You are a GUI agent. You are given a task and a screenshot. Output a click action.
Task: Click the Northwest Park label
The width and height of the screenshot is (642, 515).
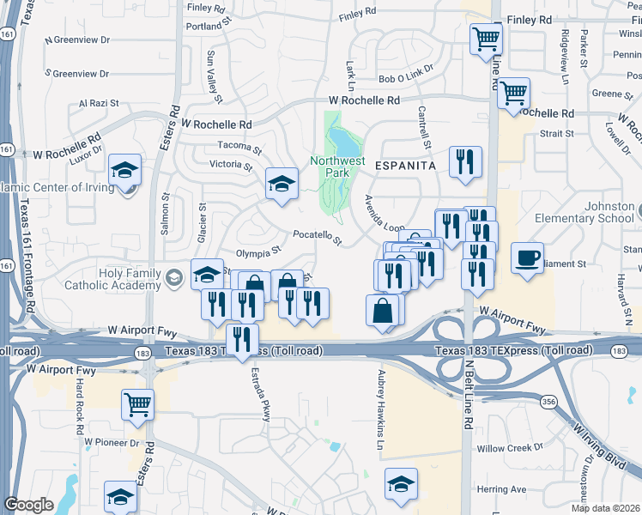[337, 166]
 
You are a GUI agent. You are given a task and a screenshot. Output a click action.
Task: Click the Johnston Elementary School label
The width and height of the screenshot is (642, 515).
[610, 213]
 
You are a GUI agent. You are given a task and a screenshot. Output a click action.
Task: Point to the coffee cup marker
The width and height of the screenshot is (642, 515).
[527, 257]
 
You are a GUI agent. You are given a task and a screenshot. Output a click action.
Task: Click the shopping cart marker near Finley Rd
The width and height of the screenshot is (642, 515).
[486, 39]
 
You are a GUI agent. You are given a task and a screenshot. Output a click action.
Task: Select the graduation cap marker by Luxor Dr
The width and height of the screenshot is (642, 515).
[126, 170]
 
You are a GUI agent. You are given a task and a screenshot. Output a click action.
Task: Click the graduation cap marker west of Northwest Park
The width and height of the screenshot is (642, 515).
[282, 183]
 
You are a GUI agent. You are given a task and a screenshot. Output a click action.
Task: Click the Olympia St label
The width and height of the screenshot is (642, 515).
[259, 252]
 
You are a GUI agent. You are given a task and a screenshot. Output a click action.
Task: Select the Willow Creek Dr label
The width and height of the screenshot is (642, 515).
[511, 448]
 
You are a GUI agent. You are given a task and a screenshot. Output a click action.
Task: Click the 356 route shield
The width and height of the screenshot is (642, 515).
[548, 402]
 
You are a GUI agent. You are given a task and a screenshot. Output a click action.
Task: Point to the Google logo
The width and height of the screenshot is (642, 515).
[28, 505]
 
